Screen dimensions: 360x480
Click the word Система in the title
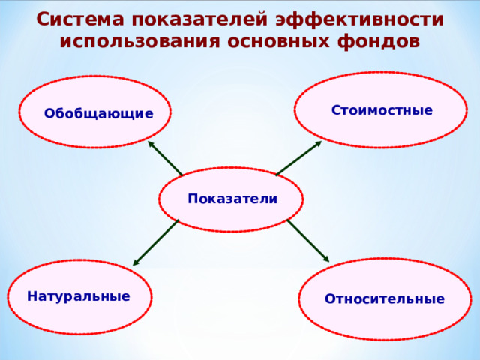click(x=73, y=19)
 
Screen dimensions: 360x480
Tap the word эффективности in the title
click(x=359, y=19)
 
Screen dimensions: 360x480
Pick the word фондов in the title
click(x=375, y=41)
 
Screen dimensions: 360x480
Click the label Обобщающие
click(x=98, y=114)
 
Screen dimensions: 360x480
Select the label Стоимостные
click(x=382, y=111)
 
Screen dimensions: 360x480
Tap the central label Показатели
click(x=232, y=199)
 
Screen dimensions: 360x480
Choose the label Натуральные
click(x=78, y=296)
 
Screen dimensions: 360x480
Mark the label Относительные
click(x=384, y=299)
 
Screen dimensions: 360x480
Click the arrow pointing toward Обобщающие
click(x=165, y=158)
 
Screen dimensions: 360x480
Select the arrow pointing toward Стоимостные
click(x=298, y=158)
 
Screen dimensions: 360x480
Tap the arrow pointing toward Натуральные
click(x=156, y=242)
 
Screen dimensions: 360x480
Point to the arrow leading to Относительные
click(x=307, y=240)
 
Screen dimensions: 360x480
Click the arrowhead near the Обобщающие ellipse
click(x=151, y=144)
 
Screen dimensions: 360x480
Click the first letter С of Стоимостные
click(x=336, y=111)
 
